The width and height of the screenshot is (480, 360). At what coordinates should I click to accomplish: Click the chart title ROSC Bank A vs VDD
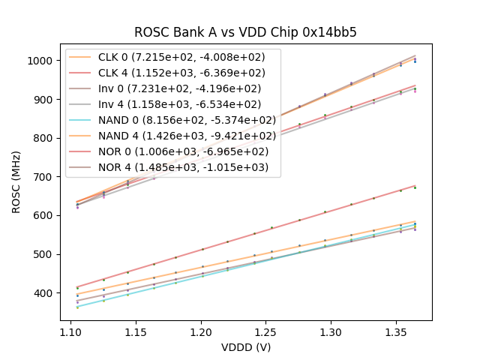pyautogui.click(x=245, y=33)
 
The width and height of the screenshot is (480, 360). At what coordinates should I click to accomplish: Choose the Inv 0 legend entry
pyautogui.click(x=180, y=88)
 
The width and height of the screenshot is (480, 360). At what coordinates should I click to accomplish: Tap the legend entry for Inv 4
pyautogui.click(x=180, y=104)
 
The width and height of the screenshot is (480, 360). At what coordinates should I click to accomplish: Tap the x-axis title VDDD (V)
pyautogui.click(x=245, y=347)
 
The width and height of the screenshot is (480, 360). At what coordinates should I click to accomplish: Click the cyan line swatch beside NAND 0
pyautogui.click(x=81, y=120)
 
